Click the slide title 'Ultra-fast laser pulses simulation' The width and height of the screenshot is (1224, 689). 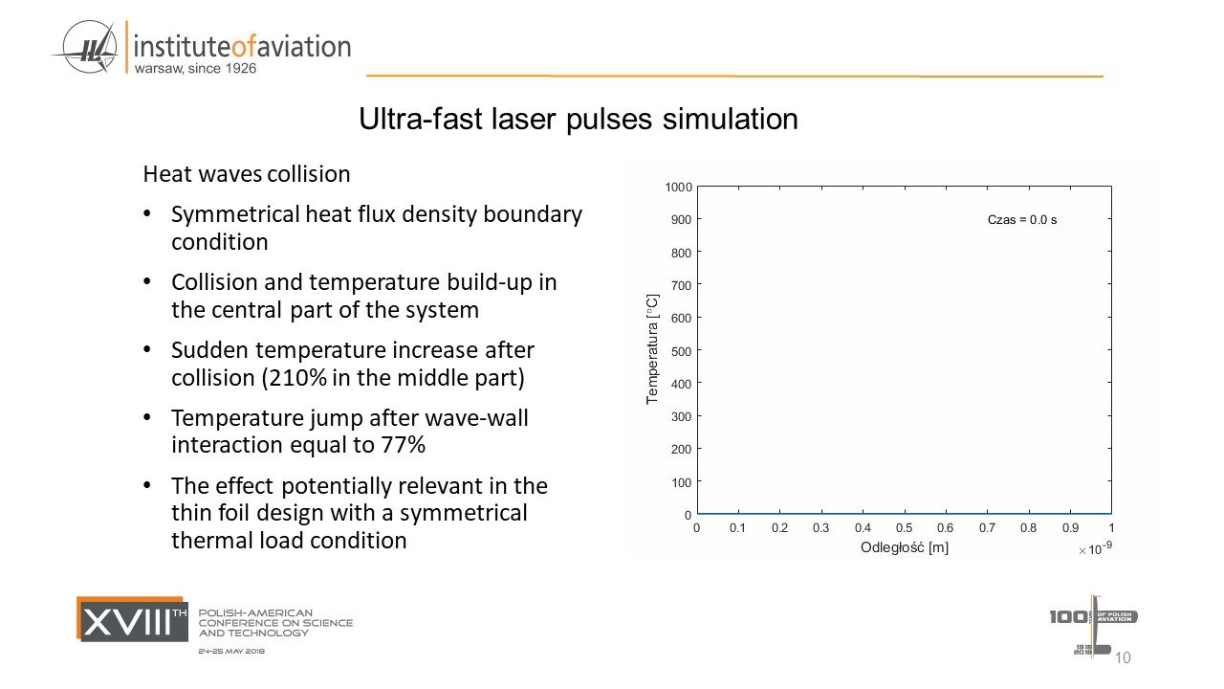tap(578, 120)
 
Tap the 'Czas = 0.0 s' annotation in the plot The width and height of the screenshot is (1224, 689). tap(1022, 220)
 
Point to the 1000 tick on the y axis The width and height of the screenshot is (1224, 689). tap(679, 187)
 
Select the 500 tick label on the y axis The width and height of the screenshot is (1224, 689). tap(682, 350)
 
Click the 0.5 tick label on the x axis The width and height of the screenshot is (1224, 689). tap(904, 528)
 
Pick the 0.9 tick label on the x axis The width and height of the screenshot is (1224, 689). tap(1069, 528)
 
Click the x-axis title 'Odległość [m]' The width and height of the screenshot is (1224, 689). tap(904, 547)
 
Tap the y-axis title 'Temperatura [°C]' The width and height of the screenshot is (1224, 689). tap(652, 348)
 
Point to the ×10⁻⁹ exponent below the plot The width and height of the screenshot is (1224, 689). tap(1095, 548)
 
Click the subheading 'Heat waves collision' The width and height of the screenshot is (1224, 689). tap(246, 174)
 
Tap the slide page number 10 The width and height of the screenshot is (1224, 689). tap(1123, 657)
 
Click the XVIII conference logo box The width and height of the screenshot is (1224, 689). tap(133, 619)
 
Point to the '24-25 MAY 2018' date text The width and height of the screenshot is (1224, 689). tap(231, 651)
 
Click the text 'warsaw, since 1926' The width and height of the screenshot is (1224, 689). tap(195, 69)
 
